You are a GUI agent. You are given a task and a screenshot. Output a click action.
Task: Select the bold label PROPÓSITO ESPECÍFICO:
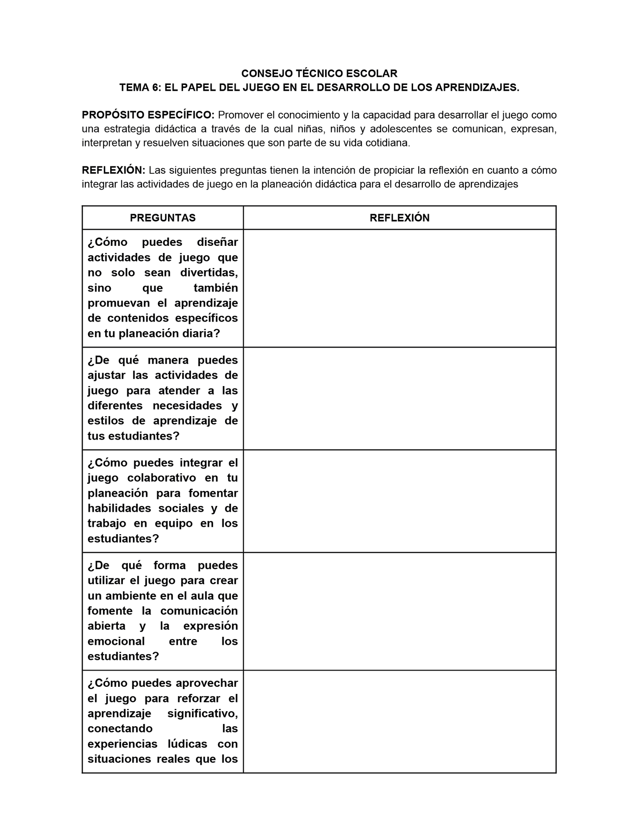[x=148, y=115]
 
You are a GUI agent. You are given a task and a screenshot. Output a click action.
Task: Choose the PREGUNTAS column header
[x=163, y=218]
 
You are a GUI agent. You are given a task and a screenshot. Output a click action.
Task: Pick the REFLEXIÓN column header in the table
[x=399, y=218]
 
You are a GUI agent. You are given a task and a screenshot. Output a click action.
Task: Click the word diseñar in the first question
[x=217, y=242]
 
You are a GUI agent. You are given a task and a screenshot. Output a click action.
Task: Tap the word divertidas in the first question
[x=209, y=272]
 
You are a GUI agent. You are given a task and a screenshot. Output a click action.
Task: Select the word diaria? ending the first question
[x=201, y=333]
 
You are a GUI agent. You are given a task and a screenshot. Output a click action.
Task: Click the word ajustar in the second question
[x=105, y=375]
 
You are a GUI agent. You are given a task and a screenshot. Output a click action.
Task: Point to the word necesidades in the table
[x=187, y=406]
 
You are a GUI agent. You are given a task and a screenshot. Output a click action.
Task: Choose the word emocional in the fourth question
[x=116, y=641]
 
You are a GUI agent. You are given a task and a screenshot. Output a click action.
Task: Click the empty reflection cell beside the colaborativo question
[x=399, y=501]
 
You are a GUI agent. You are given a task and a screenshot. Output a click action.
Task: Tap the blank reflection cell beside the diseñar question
[x=399, y=288]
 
